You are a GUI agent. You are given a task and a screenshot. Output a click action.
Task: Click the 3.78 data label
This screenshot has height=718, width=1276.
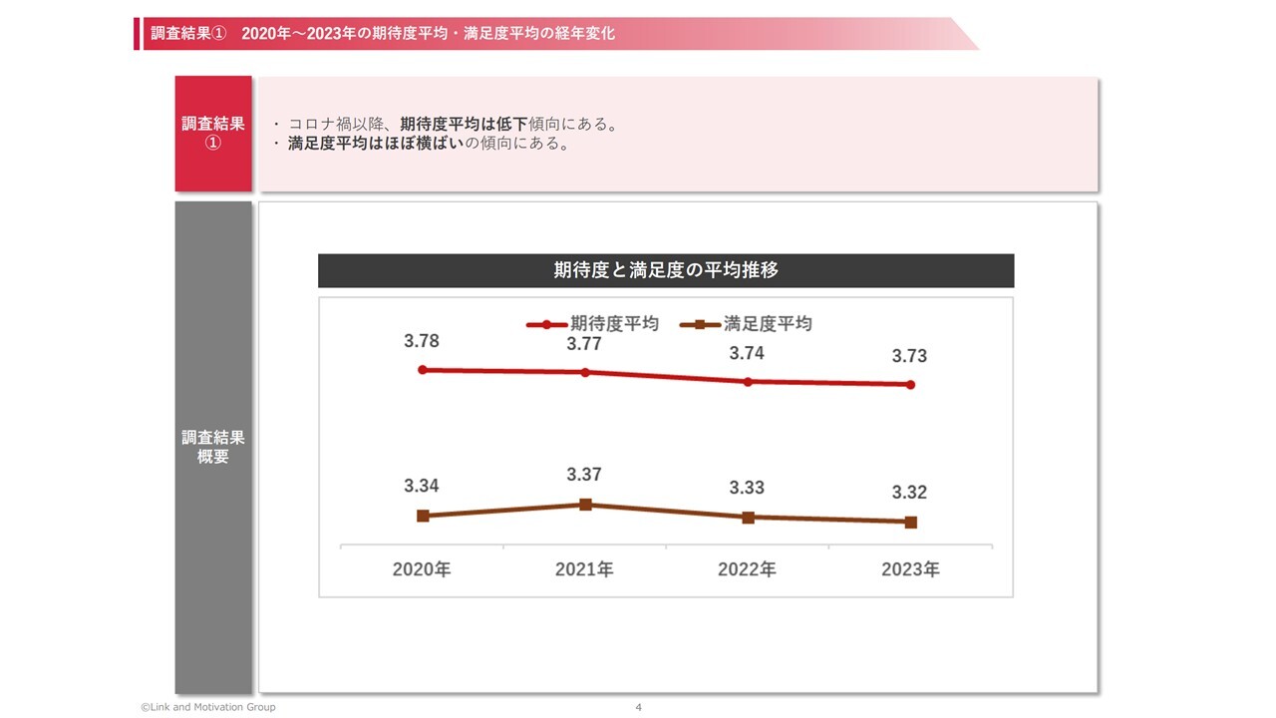pos(421,341)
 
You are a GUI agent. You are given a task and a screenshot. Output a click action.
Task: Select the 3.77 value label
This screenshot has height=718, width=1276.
pos(584,345)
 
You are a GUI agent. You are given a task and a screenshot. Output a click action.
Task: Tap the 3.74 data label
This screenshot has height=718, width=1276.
pos(747,353)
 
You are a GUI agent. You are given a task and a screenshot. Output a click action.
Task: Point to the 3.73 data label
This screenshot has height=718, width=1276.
pos(909,356)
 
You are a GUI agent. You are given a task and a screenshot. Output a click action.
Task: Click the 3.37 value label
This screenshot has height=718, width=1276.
pos(584,475)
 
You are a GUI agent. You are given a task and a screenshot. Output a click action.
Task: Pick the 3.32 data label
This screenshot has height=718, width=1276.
pos(909,493)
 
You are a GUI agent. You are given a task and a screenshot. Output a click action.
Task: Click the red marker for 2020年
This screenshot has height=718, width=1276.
pos(423,370)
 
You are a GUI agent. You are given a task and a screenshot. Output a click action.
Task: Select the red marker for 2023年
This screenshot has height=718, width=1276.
pos(910,385)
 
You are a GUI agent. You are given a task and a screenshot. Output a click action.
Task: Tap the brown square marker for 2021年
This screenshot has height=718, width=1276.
pos(586,505)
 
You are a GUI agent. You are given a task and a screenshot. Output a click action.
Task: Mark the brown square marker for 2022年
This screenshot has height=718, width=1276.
pos(748,518)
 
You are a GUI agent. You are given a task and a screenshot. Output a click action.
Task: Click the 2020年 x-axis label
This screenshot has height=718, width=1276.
pos(422,569)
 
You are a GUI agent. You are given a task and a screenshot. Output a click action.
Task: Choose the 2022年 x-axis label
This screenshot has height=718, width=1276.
pos(747,569)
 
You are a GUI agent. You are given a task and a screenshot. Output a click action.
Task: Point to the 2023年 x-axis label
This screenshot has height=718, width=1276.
pos(910,569)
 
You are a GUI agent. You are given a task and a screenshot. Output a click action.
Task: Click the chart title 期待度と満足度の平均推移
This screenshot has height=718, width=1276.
pos(665,270)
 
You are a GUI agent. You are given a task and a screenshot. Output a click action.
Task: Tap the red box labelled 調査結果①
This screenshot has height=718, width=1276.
pos(213,133)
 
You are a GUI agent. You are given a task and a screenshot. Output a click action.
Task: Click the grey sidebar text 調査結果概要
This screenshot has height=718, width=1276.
pos(213,447)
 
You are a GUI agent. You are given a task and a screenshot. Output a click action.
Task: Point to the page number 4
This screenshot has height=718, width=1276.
pos(638,707)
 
